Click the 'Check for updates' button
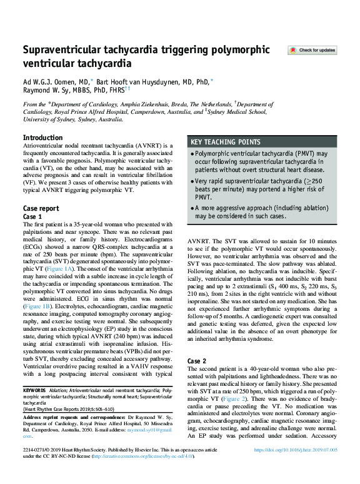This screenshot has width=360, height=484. pyautogui.click(x=312, y=50)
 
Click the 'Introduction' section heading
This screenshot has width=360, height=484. pyautogui.click(x=42, y=138)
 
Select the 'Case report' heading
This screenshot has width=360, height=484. pyautogui.click(x=41, y=208)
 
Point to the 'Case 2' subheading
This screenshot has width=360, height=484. pyautogui.click(x=197, y=361)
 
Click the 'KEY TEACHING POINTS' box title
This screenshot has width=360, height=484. pyautogui.click(x=226, y=142)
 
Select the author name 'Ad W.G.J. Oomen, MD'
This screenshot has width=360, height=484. pyautogui.click(x=57, y=81)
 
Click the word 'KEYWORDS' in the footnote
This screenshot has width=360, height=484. pyautogui.click(x=34, y=390)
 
